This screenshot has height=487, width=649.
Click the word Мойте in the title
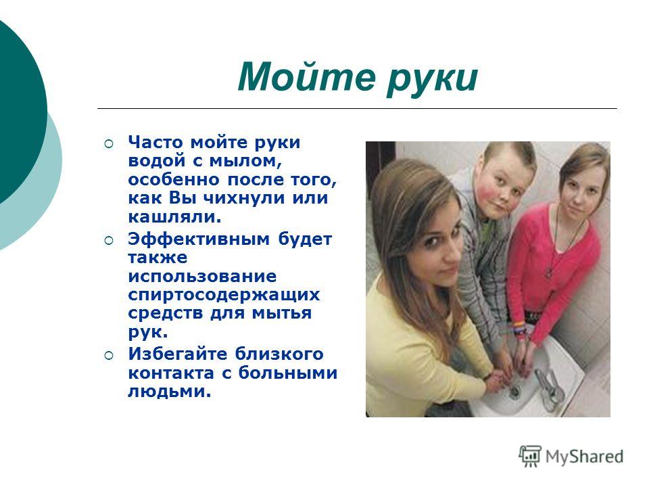click(307, 76)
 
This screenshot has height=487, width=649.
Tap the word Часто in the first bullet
click(155, 142)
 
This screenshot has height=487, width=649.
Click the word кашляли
click(174, 216)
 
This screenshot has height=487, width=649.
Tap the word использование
click(202, 276)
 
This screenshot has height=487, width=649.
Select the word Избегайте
click(177, 354)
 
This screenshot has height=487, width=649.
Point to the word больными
click(288, 373)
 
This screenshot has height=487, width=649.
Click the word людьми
click(169, 392)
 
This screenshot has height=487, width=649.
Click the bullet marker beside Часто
click(108, 143)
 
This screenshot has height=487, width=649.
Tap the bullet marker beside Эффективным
click(108, 241)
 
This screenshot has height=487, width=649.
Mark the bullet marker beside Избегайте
click(108, 355)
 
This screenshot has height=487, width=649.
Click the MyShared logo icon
click(530, 457)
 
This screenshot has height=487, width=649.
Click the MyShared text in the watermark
click(584, 457)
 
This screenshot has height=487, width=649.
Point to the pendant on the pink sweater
click(549, 273)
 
